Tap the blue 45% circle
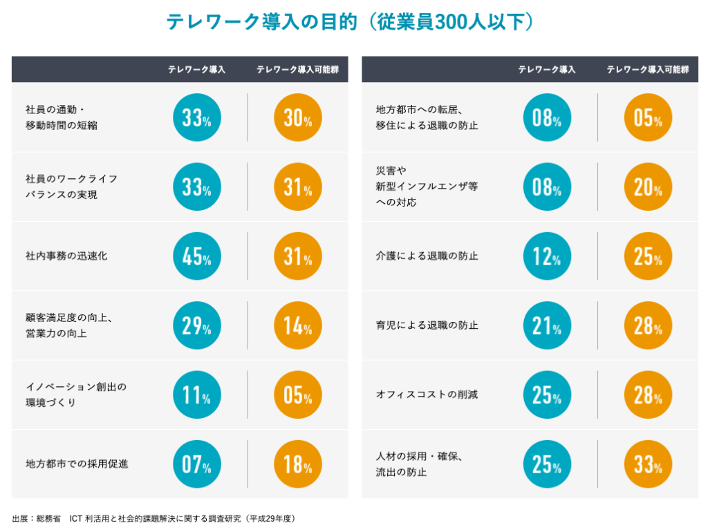[x=197, y=256]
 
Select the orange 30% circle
[x=298, y=118]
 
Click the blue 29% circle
[x=197, y=325]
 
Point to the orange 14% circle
[x=298, y=325]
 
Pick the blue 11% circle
[x=197, y=395]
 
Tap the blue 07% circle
[x=197, y=464]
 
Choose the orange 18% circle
[x=298, y=464]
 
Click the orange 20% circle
[x=648, y=187]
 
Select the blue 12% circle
[x=547, y=256]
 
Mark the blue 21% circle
[x=547, y=325]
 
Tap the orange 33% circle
[x=648, y=464]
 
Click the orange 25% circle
[x=648, y=256]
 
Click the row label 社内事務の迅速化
[x=66, y=256]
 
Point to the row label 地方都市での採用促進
[x=77, y=464]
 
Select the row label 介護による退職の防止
[x=427, y=256]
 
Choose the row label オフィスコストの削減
[x=427, y=395]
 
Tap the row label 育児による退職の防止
[x=427, y=325]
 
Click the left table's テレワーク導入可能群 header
[x=297, y=70]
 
